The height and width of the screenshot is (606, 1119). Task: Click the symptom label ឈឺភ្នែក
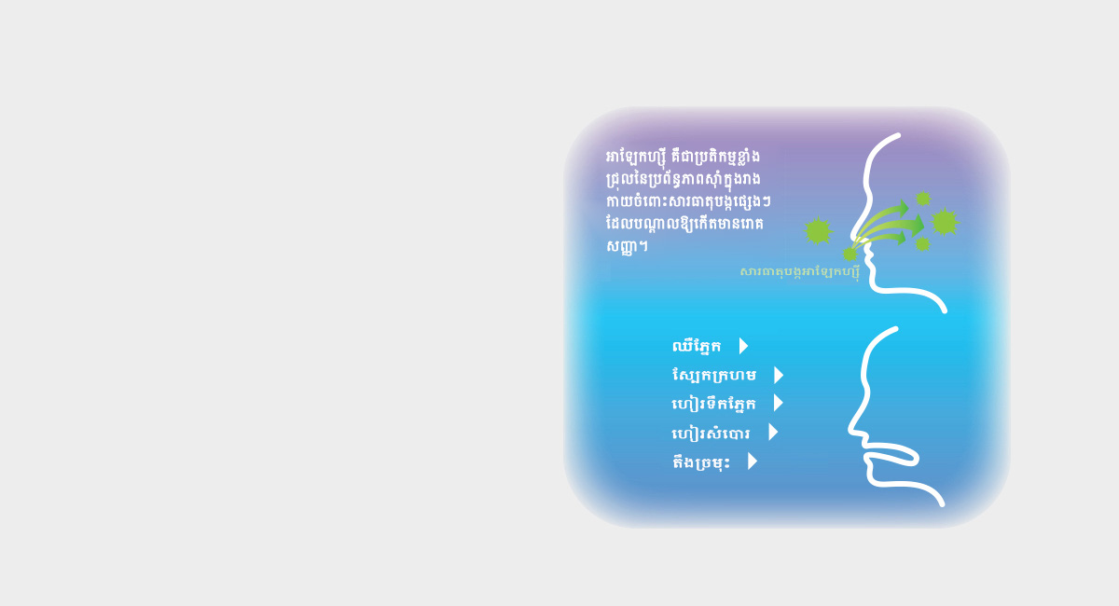[x=697, y=346]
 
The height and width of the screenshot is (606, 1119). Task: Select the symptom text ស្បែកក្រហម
[x=714, y=375]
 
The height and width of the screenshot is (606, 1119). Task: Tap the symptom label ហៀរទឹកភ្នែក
[x=714, y=404]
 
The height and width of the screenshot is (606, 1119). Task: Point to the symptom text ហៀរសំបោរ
[x=711, y=433]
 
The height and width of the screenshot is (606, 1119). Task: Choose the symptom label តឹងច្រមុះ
[x=701, y=461]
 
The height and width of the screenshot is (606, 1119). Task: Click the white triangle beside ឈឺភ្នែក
[x=744, y=346]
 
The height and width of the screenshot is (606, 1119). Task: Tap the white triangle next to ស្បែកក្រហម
[x=779, y=375]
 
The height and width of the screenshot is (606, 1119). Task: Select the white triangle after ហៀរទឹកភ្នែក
[x=779, y=403]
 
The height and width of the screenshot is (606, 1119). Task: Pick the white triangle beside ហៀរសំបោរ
[x=773, y=433]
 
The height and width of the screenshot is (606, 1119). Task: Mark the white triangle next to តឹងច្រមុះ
[x=753, y=461]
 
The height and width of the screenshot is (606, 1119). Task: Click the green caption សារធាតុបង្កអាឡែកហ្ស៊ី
[x=800, y=272]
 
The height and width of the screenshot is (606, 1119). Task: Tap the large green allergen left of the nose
[x=819, y=231]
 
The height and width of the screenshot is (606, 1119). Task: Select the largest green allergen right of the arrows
[x=944, y=222]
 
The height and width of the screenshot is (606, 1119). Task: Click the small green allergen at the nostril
[x=850, y=255]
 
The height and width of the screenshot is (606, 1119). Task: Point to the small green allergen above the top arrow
[x=922, y=199]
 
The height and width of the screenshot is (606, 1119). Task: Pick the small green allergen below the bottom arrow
[x=922, y=244]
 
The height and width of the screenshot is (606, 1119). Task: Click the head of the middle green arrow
[x=918, y=226]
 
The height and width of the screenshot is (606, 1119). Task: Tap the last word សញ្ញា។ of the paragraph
[x=627, y=245]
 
